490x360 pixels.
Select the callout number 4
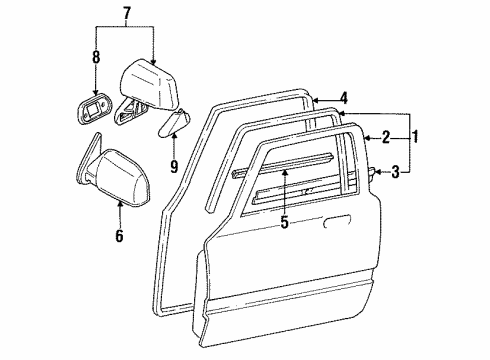pyautogui.click(x=343, y=98)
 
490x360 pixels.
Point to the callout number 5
pyautogui.click(x=285, y=222)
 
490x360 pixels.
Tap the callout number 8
pyautogui.click(x=96, y=58)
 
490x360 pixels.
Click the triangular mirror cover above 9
pyautogui.click(x=174, y=125)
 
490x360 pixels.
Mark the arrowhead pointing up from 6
pyautogui.click(x=119, y=203)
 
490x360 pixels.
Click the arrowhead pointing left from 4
pyautogui.click(x=312, y=98)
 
